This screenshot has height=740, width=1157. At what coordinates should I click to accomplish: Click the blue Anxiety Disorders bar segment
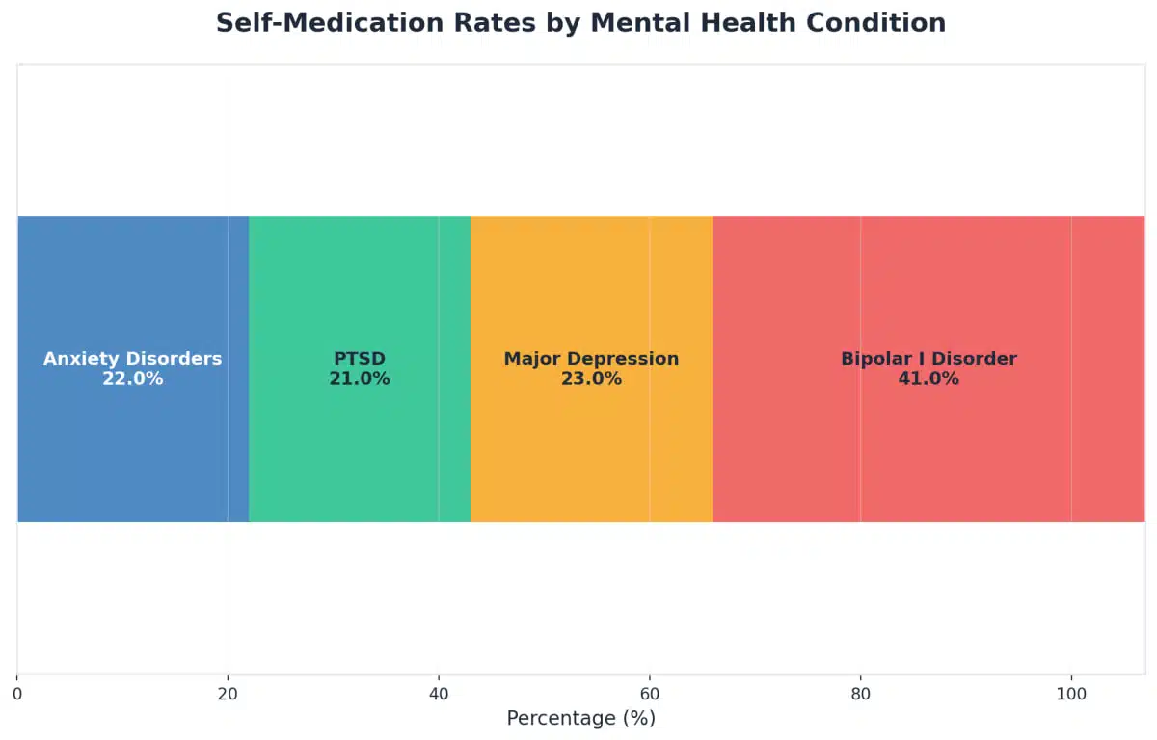click(x=132, y=289)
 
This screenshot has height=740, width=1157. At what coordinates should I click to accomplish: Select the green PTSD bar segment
click(x=359, y=289)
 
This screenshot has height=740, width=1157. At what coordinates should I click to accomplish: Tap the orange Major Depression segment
click(x=591, y=289)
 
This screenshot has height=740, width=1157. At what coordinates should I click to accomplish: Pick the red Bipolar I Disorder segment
click(x=928, y=289)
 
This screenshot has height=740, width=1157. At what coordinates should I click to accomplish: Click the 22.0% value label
click(x=133, y=379)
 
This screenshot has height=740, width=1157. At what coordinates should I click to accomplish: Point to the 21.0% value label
click(x=360, y=379)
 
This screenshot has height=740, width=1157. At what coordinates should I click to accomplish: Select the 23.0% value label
click(x=591, y=379)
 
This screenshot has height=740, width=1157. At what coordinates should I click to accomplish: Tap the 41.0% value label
click(x=928, y=379)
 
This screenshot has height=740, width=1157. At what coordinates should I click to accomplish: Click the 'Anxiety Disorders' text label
click(x=133, y=359)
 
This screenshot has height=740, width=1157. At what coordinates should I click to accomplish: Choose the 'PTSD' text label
click(x=360, y=359)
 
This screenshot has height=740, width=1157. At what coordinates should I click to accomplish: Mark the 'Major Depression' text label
click(x=591, y=359)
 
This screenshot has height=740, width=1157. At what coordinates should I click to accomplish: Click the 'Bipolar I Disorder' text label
click(x=928, y=359)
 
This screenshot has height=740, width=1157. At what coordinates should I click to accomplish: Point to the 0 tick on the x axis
click(x=17, y=694)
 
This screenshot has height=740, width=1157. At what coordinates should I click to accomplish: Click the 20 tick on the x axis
click(x=228, y=694)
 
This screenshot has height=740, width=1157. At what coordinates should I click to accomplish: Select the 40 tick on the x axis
click(x=439, y=694)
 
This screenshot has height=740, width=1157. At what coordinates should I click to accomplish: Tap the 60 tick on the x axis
click(x=650, y=694)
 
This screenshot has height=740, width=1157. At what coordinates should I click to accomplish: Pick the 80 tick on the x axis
click(x=860, y=694)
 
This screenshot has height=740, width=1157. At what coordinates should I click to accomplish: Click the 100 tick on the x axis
click(x=1071, y=694)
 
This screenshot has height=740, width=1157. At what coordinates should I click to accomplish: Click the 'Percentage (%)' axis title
click(x=580, y=719)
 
